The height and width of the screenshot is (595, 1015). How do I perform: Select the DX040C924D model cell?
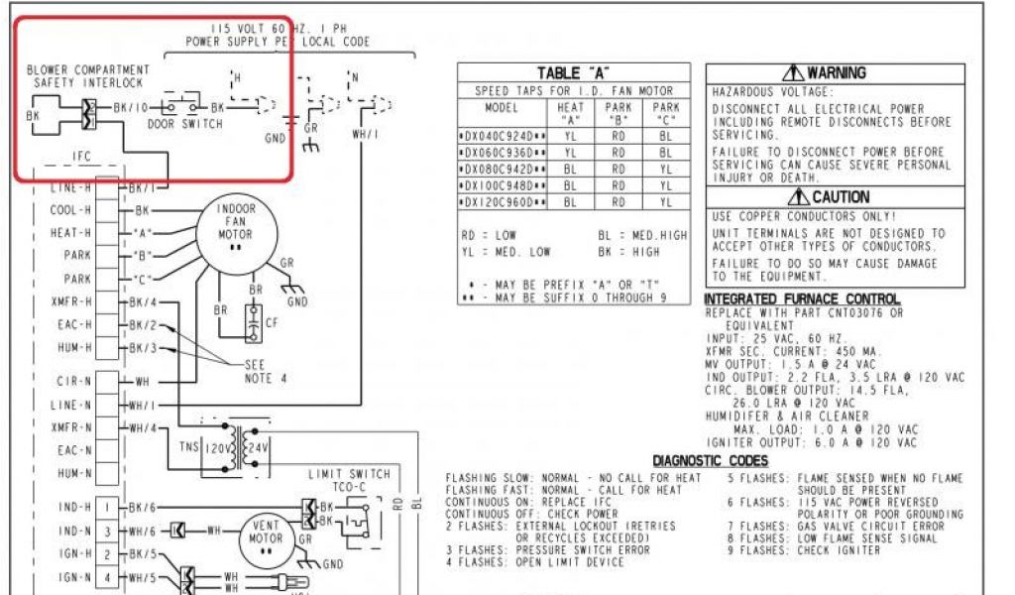(503, 135)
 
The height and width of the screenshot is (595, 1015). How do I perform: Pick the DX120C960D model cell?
(503, 201)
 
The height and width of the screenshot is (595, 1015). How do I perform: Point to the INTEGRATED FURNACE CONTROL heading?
(802, 299)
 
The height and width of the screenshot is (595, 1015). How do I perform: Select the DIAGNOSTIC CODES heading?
(709, 461)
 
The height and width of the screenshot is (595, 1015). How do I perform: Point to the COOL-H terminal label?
(70, 210)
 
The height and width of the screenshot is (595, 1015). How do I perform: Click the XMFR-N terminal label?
(71, 427)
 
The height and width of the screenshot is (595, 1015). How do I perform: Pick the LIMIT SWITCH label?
(349, 475)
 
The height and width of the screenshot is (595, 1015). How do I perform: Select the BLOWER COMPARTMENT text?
(88, 70)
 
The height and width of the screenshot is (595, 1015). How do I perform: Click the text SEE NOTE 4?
(264, 370)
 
